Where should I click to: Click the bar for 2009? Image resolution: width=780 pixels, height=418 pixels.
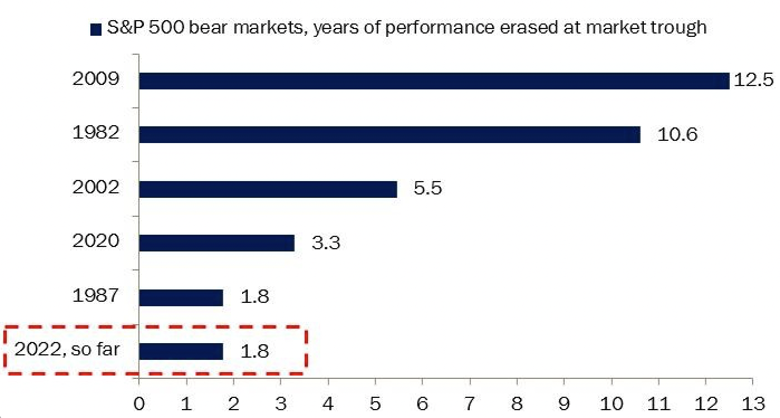pyautogui.click(x=434, y=81)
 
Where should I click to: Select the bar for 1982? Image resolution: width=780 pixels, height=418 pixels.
pyautogui.click(x=389, y=135)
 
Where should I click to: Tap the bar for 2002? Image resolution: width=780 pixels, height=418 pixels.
pyautogui.click(x=268, y=189)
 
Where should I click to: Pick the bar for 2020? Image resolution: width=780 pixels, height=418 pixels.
pyautogui.click(x=216, y=243)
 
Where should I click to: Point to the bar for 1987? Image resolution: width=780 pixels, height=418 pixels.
pyautogui.click(x=181, y=297)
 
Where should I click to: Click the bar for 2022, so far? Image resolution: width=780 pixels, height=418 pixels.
pyautogui.click(x=181, y=351)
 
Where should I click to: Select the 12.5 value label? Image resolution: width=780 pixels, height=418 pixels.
pyautogui.click(x=753, y=80)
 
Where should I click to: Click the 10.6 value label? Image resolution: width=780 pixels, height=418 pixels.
pyautogui.click(x=677, y=135)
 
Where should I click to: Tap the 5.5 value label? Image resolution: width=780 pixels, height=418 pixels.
pyautogui.click(x=427, y=188)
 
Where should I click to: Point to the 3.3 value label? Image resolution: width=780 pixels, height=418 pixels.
pyautogui.click(x=326, y=243)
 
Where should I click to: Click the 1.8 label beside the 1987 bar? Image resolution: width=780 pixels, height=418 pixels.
pyautogui.click(x=254, y=296)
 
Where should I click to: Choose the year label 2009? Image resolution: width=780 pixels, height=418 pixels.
pyautogui.click(x=96, y=79)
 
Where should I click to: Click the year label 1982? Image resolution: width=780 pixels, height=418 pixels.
pyautogui.click(x=96, y=133)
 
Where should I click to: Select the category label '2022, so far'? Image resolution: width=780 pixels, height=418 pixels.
pyautogui.click(x=68, y=349)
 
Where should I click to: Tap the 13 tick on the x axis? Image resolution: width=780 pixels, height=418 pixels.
pyautogui.click(x=753, y=403)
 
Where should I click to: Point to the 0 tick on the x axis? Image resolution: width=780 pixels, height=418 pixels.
pyautogui.click(x=138, y=403)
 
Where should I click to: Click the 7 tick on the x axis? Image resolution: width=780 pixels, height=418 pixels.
pyautogui.click(x=470, y=403)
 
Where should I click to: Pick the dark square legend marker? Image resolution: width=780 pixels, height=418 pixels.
pyautogui.click(x=96, y=28)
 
